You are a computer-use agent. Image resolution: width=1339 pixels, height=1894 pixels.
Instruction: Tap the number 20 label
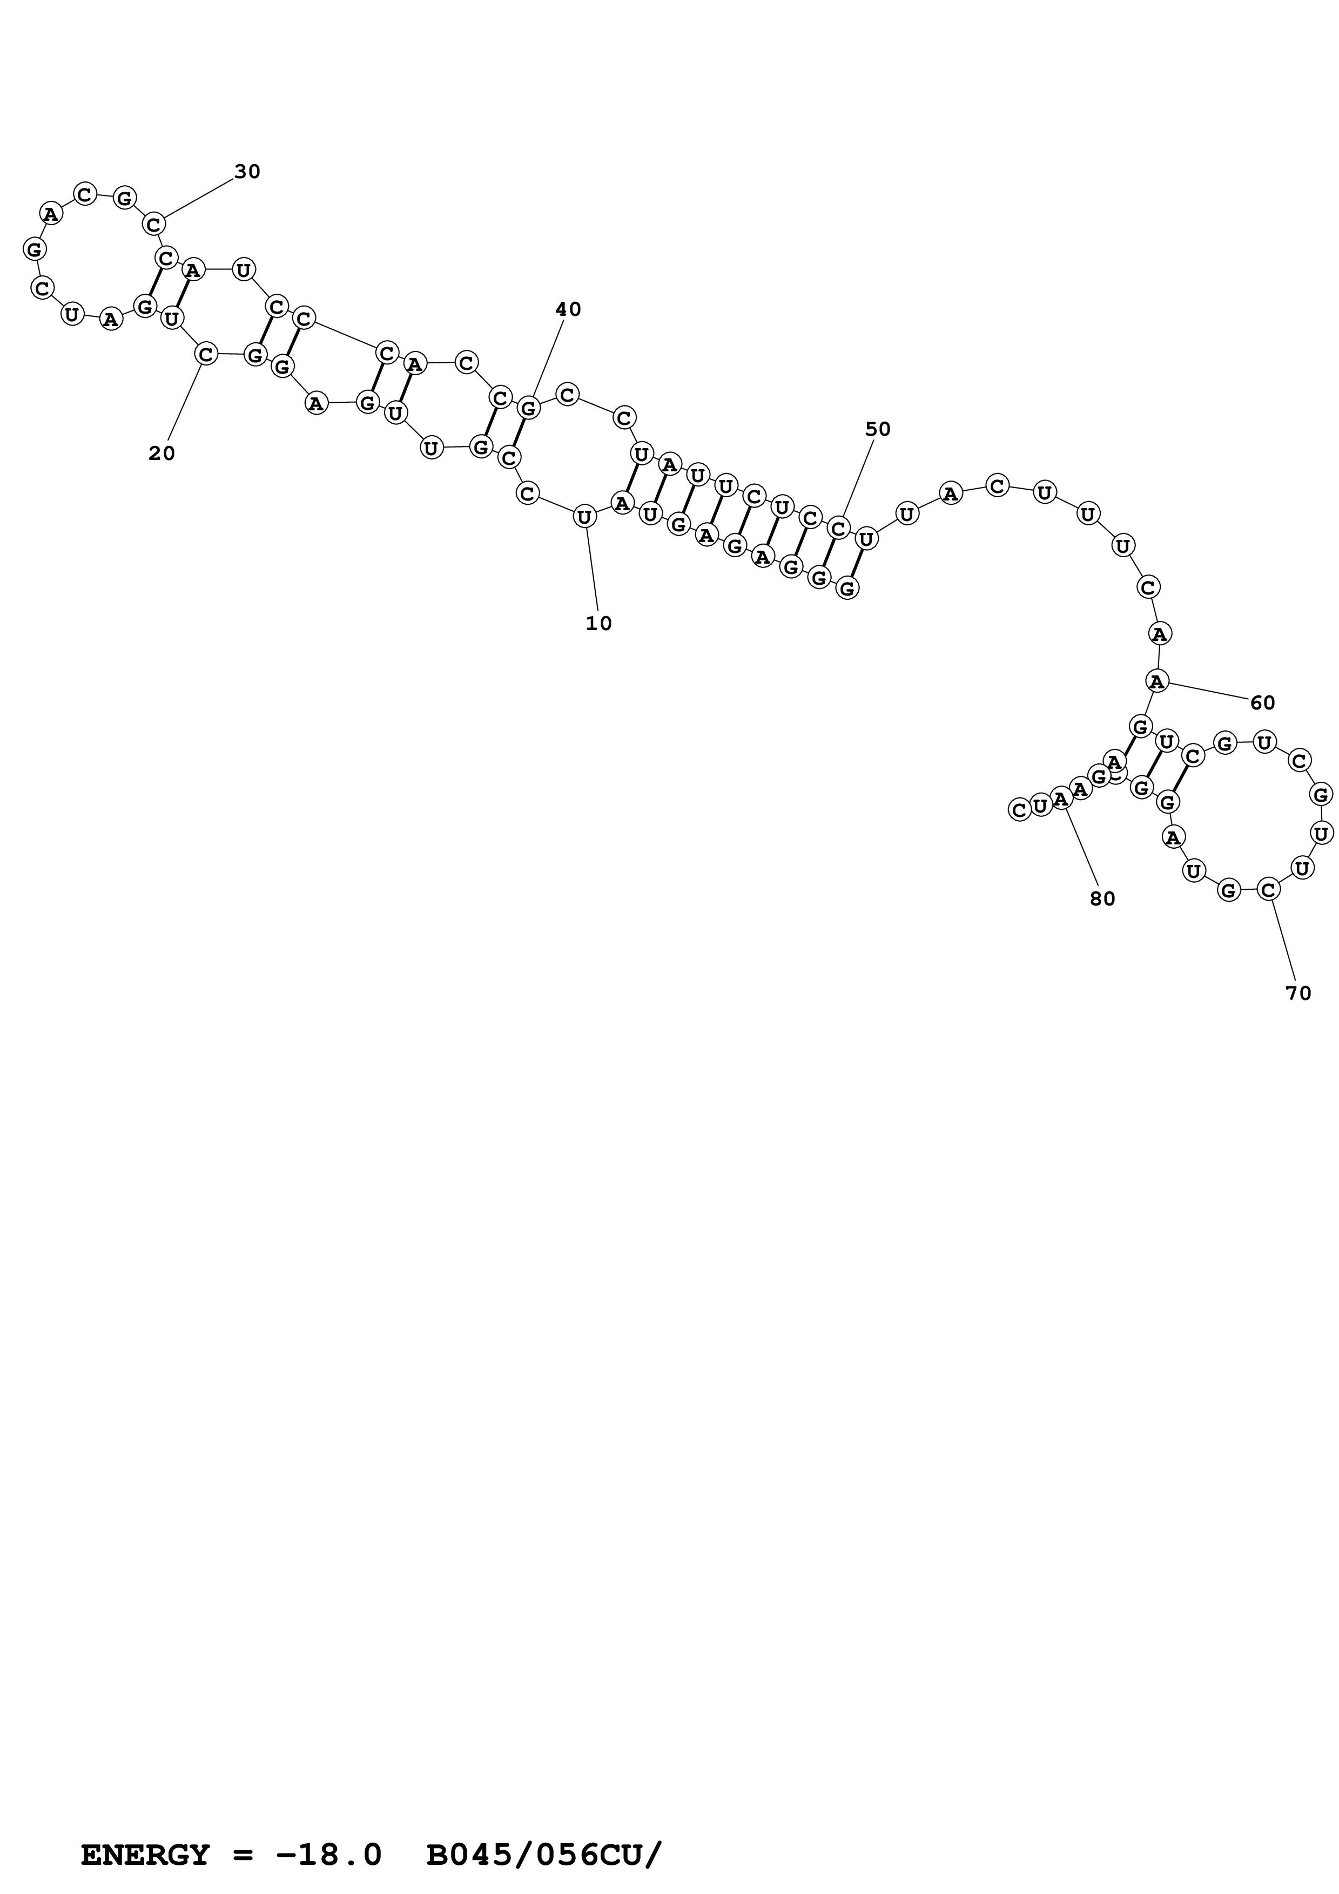tap(162, 454)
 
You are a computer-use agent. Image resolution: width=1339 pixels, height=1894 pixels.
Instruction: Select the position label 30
tap(247, 172)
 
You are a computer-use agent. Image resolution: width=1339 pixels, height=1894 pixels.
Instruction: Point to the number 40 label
tap(568, 310)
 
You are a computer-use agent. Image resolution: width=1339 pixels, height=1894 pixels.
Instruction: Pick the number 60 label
tap(1262, 704)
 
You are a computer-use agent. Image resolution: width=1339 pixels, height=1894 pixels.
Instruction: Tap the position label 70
tap(1298, 994)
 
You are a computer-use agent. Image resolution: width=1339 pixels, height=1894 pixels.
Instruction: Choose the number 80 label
tap(1102, 899)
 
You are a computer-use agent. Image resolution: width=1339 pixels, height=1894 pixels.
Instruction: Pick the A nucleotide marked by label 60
tap(1158, 681)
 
